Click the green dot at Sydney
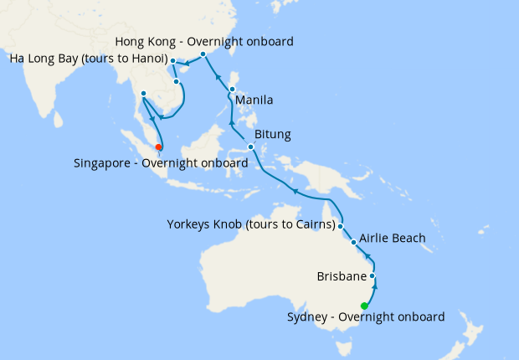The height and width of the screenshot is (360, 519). point(364,306)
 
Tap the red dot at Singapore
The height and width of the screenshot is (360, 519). point(159,147)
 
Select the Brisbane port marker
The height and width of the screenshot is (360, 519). point(373,275)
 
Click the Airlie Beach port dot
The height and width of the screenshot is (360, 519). point(354,243)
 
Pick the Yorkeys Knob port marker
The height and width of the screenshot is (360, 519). point(341,225)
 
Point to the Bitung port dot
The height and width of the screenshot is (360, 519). point(251,147)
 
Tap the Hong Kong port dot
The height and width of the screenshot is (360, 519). point(203,54)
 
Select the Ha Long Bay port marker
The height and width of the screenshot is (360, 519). point(172,60)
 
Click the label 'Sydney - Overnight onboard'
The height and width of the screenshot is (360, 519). point(366,317)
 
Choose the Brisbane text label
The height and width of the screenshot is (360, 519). point(342,275)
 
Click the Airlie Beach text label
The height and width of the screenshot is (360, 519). point(393,239)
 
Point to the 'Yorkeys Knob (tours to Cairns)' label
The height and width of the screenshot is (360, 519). point(251,225)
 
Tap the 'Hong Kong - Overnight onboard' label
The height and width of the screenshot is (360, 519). point(204,41)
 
